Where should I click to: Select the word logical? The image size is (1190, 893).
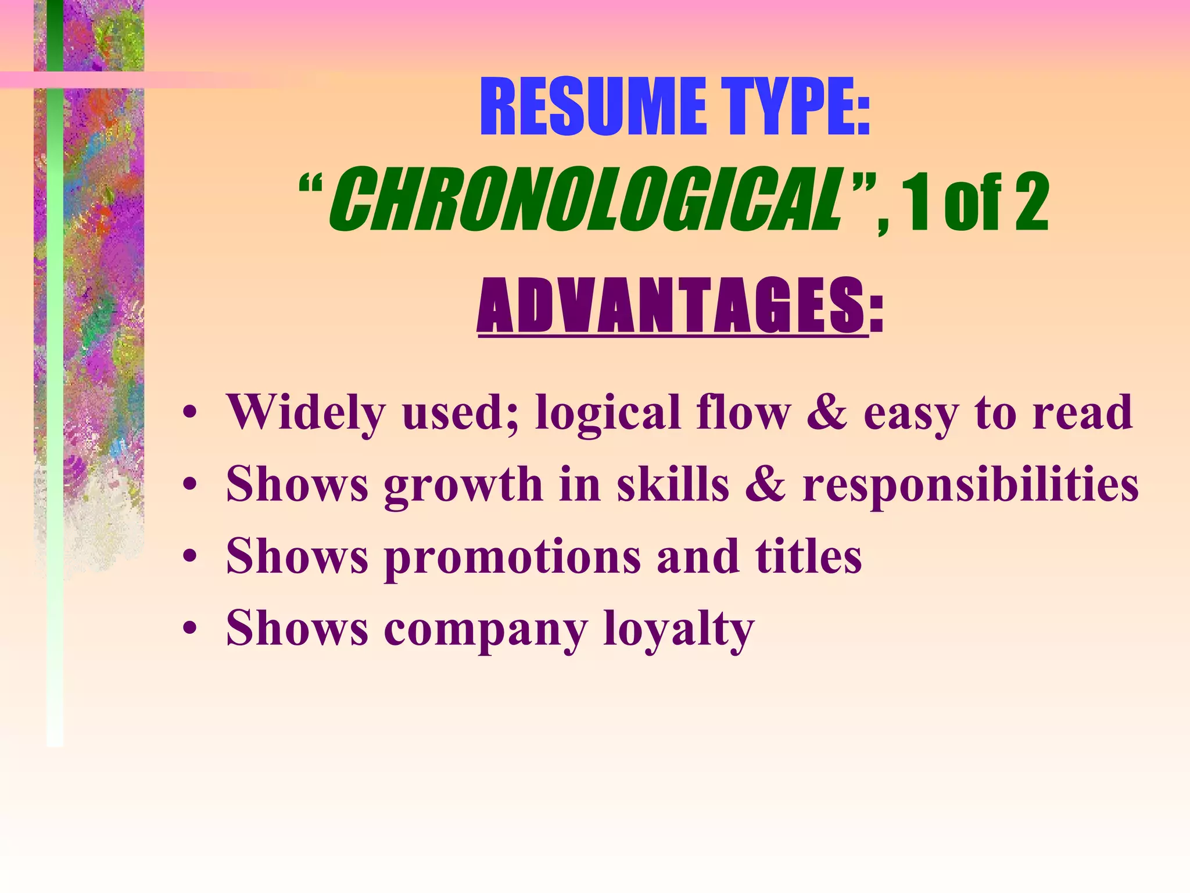click(608, 414)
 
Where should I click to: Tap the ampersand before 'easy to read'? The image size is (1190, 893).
click(827, 413)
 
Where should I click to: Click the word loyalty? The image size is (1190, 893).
click(679, 630)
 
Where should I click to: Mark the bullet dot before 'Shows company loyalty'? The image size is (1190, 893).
click(189, 630)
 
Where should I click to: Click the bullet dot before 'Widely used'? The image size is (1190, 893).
click(189, 414)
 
